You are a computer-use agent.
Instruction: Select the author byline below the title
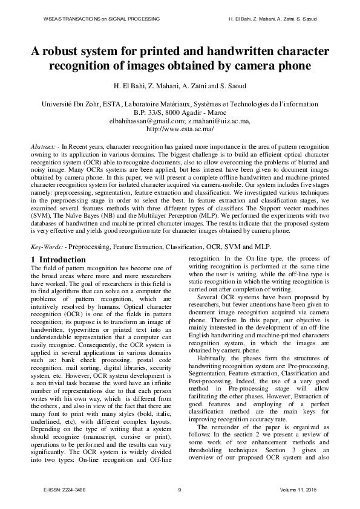[180, 85]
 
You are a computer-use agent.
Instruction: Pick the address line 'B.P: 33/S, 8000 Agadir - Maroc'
[180, 112]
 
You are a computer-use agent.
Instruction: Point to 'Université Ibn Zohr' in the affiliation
[70, 104]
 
